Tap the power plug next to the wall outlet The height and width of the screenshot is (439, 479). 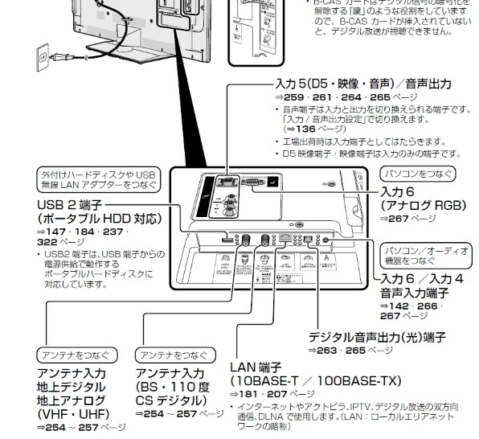tap(58, 56)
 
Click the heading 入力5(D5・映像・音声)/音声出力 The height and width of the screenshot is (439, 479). tap(361, 84)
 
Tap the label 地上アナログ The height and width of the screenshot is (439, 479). tap(72, 399)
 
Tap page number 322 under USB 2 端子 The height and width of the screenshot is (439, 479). tap(47, 241)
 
